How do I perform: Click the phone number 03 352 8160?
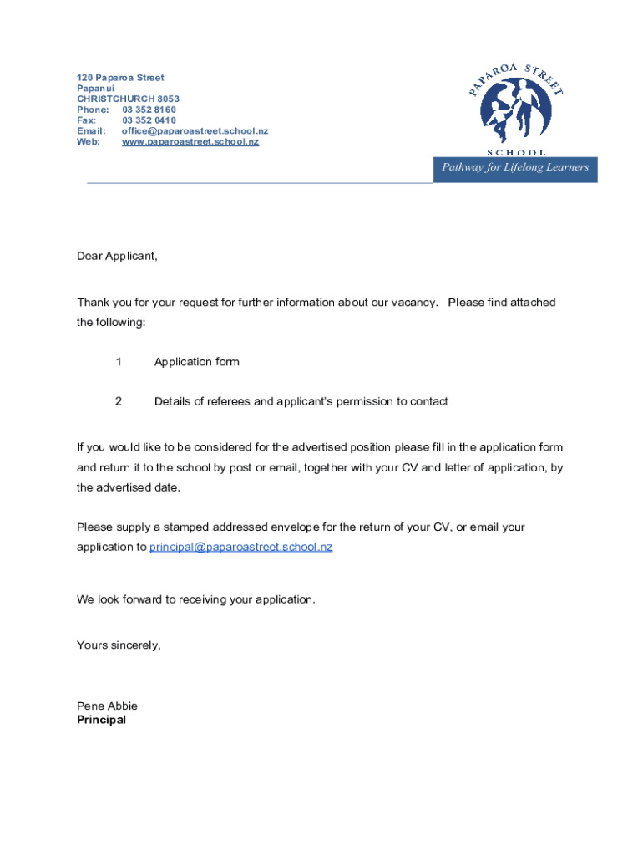[149, 110]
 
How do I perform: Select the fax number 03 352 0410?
[149, 120]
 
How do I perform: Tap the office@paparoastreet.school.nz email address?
[195, 131]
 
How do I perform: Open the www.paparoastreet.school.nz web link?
[190, 142]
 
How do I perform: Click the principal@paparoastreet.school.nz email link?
[240, 547]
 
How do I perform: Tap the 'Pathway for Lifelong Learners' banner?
[515, 167]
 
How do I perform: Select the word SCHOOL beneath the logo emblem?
[516, 153]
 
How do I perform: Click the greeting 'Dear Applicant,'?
[117, 256]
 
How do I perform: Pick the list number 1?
[119, 362]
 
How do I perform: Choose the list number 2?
[119, 401]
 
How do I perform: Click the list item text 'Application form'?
[196, 362]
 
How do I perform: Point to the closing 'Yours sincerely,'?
[119, 645]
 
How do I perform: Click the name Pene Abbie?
[107, 706]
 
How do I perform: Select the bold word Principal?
[101, 719]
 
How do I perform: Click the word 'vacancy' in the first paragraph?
[413, 302]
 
